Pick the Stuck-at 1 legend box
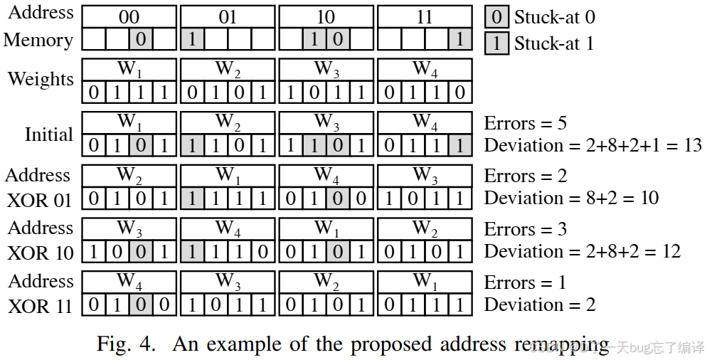click(496, 43)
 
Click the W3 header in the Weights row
click(326, 70)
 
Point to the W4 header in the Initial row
click(424, 122)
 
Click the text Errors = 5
click(525, 122)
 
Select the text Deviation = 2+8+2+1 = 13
click(592, 145)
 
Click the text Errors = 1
click(525, 282)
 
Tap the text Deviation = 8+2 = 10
click(571, 198)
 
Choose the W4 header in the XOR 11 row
click(129, 282)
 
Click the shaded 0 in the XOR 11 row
click(141, 305)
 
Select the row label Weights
click(41, 78)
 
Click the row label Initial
click(48, 134)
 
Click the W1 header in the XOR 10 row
click(326, 228)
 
